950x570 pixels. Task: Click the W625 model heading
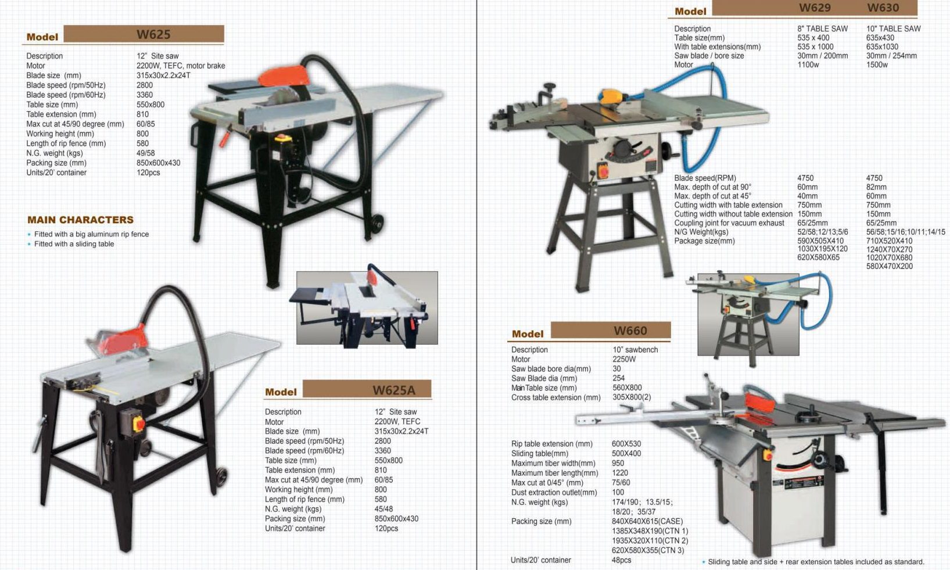153,34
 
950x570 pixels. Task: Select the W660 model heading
630,331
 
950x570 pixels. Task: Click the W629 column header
815,8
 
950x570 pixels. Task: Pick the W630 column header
883,8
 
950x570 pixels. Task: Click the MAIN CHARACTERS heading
81,220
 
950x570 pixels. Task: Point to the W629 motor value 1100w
808,65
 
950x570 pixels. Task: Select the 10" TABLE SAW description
893,29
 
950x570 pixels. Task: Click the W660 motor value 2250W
624,359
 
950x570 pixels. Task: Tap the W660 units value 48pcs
621,560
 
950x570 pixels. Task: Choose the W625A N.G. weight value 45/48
383,509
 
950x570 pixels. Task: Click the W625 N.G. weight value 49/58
145,153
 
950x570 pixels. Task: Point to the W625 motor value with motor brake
181,66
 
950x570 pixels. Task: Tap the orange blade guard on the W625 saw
284,76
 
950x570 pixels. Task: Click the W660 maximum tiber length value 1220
619,473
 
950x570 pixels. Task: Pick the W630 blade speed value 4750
874,178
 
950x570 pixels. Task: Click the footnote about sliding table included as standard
816,562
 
